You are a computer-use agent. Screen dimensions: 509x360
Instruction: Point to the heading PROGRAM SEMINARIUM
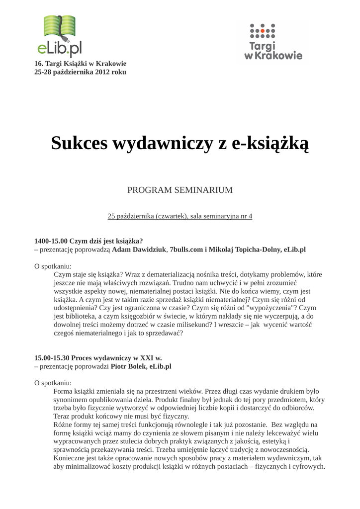[180, 190]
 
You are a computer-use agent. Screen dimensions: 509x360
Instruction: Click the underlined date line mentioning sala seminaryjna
[180, 216]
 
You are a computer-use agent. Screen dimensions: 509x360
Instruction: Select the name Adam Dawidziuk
[139, 250]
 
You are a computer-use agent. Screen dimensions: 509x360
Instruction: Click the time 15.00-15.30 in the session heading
[52, 357]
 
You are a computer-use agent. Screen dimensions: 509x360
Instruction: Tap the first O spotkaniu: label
[53, 266]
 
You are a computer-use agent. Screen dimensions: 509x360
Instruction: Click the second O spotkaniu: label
[53, 383]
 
